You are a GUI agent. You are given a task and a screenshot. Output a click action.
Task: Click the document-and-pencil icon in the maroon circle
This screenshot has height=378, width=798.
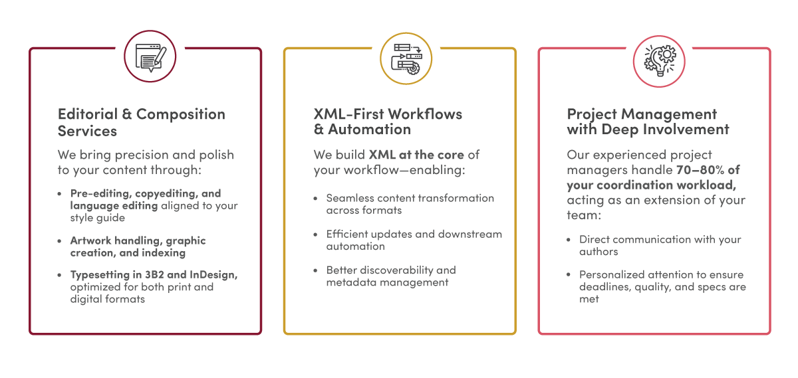click(151, 57)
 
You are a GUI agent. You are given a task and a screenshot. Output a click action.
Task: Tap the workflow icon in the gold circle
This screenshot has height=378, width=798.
click(406, 58)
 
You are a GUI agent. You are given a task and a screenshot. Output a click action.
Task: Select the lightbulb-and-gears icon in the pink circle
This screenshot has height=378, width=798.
click(660, 60)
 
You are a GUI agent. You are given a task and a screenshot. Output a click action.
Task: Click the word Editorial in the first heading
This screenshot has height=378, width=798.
click(88, 114)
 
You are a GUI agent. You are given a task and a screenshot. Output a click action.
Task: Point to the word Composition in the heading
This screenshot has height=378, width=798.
click(181, 115)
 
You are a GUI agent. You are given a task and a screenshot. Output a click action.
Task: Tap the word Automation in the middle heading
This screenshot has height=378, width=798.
click(370, 130)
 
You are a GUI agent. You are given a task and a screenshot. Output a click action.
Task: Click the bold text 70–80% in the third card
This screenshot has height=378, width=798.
click(700, 170)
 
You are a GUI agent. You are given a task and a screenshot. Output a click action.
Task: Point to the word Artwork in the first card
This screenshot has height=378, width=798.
click(91, 240)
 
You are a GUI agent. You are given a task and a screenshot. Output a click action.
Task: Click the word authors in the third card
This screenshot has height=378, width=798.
click(598, 252)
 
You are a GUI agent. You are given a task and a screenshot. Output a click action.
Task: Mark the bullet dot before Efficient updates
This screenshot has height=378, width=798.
click(315, 235)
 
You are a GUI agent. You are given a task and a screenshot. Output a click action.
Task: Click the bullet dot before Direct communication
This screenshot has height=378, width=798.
click(568, 240)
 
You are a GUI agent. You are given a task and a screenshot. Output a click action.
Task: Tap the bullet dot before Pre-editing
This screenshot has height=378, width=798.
click(59, 194)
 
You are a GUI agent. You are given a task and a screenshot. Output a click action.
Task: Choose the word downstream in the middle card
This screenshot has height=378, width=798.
click(470, 235)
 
